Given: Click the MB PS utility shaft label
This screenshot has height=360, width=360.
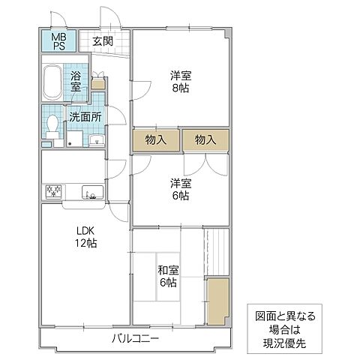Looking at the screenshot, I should coord(57,40).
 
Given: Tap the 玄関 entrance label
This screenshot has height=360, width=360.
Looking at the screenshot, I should coord(103,40).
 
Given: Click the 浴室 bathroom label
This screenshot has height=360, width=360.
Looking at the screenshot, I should coord(76,82).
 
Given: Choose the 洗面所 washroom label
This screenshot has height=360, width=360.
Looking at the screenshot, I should coord(85,117).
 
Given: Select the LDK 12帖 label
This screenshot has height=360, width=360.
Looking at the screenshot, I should coord(85,236).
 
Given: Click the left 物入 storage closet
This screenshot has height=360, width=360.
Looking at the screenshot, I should coord(156,139).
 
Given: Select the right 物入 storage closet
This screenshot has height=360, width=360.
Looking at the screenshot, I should coord(205,139).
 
